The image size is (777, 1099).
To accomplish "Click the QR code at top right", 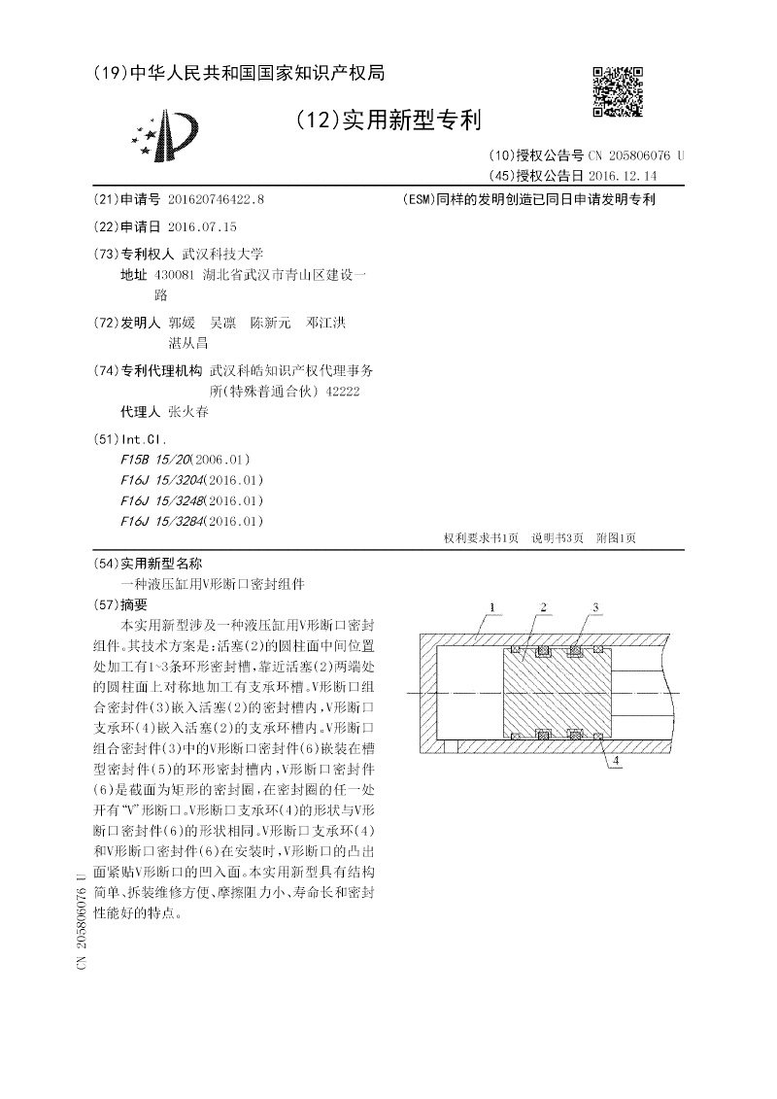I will pos(618,91).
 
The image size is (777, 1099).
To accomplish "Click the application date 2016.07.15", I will pos(202,226).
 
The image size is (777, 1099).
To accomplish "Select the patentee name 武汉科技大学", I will pos(209,254).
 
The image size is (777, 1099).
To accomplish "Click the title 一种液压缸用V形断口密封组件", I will pos(212,584).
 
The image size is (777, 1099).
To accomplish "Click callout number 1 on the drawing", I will pos(492,607).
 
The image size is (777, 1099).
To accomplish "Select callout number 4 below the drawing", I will pos(615,762).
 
